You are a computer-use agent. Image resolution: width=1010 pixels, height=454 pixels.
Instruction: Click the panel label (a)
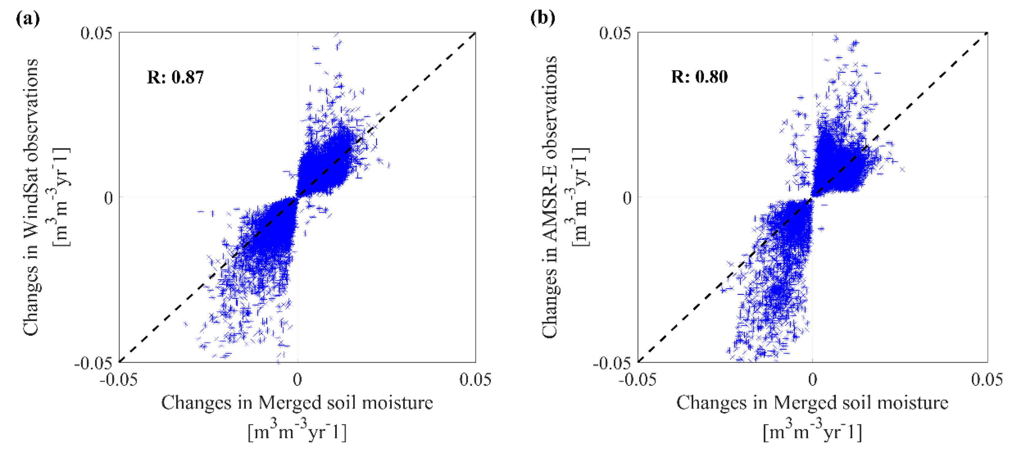coord(27,18)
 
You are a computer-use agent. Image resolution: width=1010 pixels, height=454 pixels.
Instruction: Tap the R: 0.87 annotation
coord(175,77)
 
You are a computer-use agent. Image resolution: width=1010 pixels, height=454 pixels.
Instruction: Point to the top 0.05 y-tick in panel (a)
coord(96,33)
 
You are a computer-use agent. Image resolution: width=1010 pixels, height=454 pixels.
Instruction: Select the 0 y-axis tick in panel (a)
coord(108,198)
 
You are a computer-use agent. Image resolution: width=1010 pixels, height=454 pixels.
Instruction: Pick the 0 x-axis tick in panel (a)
coord(297,379)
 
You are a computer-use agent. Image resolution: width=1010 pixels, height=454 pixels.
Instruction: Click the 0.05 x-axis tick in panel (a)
coord(475,379)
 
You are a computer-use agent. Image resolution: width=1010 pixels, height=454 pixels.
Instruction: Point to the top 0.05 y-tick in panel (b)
coord(615,33)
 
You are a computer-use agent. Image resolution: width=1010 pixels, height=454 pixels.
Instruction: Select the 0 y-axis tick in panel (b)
coord(627,198)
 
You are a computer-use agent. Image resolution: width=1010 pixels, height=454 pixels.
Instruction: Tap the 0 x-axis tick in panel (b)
coord(813,379)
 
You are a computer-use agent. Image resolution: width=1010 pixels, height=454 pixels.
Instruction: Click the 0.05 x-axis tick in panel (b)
coord(987,379)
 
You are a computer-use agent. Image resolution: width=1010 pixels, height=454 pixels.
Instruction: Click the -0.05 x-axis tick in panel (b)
coord(637,379)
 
